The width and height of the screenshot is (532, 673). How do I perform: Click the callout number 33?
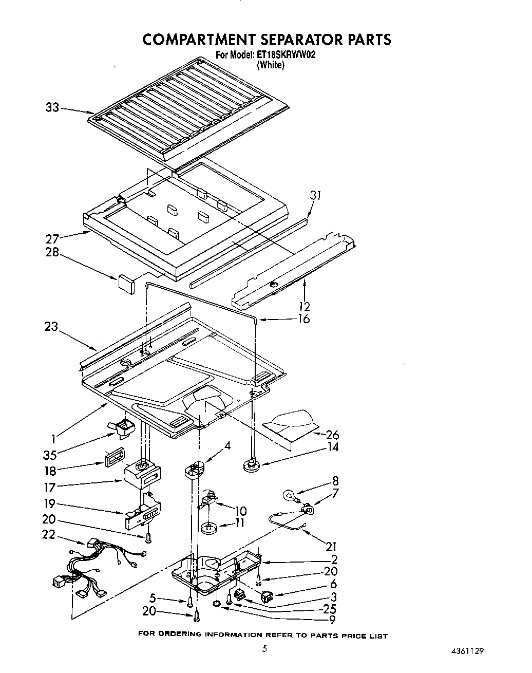(x=52, y=107)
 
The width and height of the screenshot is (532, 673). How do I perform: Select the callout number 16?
(x=303, y=319)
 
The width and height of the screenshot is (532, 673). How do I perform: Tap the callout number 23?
(x=51, y=327)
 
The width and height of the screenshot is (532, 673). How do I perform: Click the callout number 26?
(x=332, y=435)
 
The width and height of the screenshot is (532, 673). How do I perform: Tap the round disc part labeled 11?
(x=209, y=527)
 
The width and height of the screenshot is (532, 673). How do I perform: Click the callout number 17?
(x=50, y=487)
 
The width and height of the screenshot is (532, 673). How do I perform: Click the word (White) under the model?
(x=271, y=65)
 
